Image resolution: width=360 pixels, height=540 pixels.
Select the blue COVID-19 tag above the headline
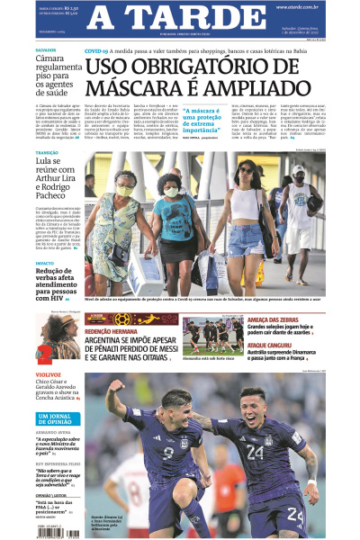click(97, 52)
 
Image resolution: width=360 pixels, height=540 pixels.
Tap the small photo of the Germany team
click(212, 335)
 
